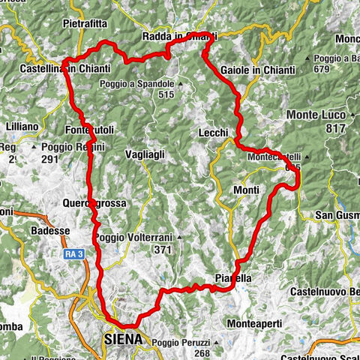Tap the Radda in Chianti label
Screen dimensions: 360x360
tap(178, 37)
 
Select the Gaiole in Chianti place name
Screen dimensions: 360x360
tap(257, 70)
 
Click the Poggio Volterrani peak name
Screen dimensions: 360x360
tap(134, 238)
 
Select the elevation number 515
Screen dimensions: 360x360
tap(166, 94)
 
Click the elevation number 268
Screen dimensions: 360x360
tap(200, 353)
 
